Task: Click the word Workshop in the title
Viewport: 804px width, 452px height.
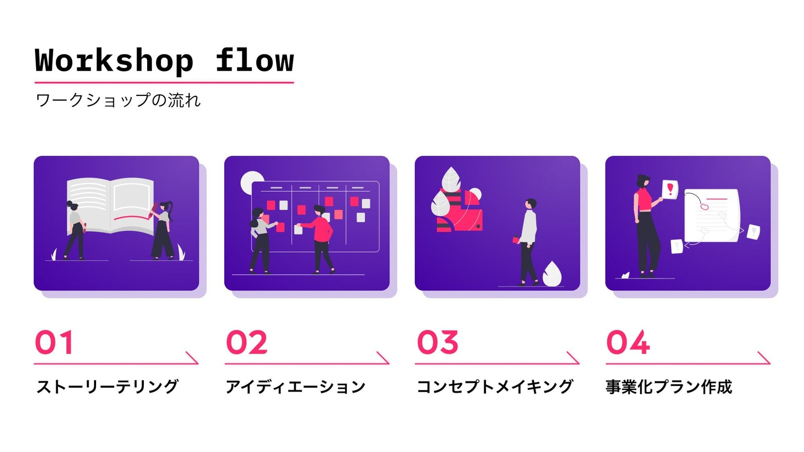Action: [x=114, y=61]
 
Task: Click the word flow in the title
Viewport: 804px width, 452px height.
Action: [x=254, y=61]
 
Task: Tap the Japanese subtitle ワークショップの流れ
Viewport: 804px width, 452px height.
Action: [x=118, y=100]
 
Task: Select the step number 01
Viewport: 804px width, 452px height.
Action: [x=54, y=342]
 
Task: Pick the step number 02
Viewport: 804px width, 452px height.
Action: [x=247, y=342]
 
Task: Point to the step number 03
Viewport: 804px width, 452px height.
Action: [x=437, y=342]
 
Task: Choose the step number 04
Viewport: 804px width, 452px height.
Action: [x=628, y=342]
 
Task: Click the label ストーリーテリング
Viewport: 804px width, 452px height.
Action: [x=107, y=387]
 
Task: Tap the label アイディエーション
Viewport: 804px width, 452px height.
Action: [x=295, y=387]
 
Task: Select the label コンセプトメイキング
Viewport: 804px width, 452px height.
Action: [x=495, y=387]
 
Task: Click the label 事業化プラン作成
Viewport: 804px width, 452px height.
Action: [x=669, y=387]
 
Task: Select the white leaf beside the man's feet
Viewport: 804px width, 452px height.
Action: [x=552, y=274]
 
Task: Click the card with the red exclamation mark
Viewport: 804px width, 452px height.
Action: [x=670, y=190]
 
